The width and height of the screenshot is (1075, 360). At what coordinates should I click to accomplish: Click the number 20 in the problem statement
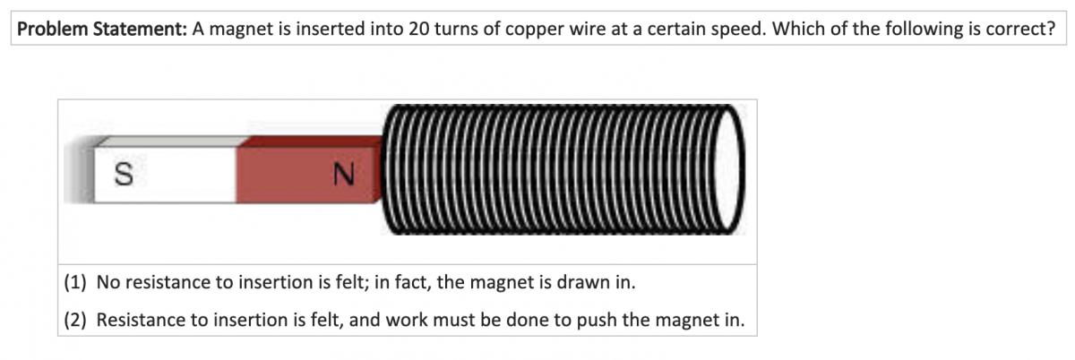[x=419, y=28]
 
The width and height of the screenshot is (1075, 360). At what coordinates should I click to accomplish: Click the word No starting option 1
[x=107, y=283]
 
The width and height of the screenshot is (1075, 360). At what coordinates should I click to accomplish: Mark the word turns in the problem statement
[x=456, y=28]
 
